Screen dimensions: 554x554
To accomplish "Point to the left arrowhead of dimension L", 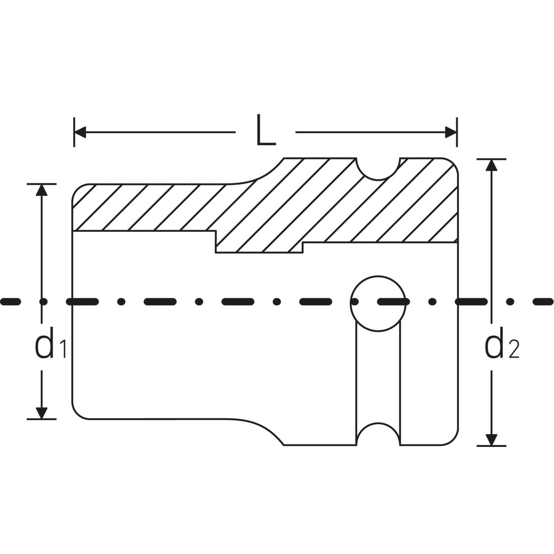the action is [x=80, y=132].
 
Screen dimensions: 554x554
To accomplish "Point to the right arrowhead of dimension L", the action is [x=451, y=132].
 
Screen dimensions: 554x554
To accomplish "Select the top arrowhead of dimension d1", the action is [x=42, y=189].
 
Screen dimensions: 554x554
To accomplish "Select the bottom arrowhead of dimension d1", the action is [x=42, y=413].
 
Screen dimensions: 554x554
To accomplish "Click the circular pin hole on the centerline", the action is [x=378, y=302].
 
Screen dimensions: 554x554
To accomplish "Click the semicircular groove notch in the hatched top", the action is [x=379, y=169].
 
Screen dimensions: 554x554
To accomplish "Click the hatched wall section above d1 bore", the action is [x=148, y=208].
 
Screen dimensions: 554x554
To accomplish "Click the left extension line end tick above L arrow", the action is [x=74, y=132].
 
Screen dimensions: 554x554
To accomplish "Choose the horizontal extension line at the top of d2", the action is [x=491, y=159].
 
